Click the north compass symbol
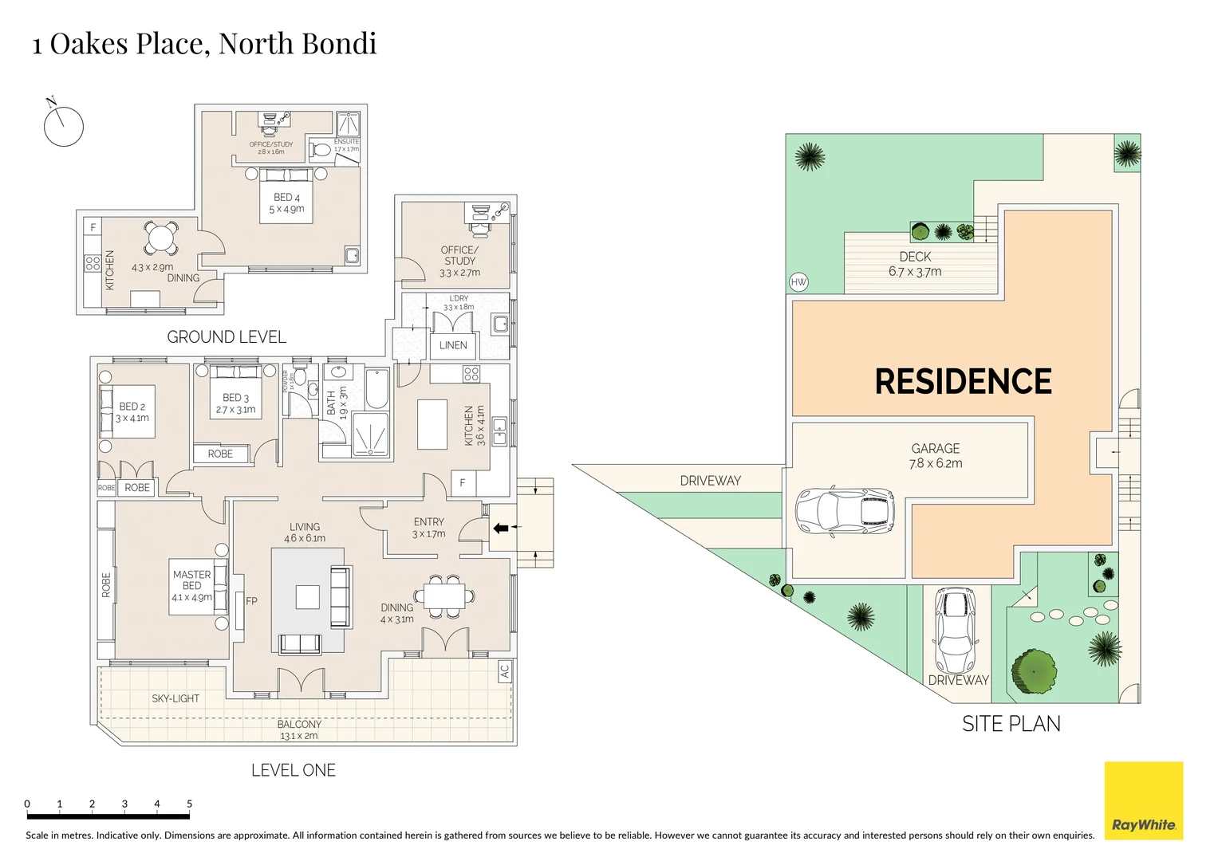63,126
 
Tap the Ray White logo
1143,800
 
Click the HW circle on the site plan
798,282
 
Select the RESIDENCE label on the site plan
963,382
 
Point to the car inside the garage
845,511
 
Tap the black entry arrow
500,528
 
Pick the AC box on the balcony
504,671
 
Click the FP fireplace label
251,601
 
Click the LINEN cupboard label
453,345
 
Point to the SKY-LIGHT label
175,698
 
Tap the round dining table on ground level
161,237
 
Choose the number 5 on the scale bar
189,804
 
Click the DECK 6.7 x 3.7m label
915,264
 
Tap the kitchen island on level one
432,424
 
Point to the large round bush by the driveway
1035,670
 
